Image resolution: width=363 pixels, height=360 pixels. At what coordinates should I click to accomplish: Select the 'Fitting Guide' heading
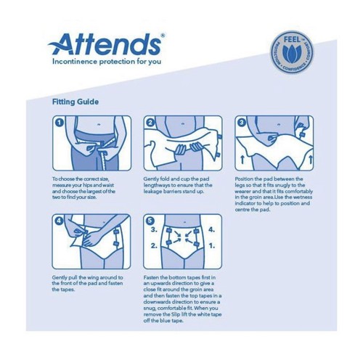click(x=79, y=102)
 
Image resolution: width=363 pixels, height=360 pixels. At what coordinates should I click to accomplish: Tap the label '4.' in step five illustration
click(x=212, y=233)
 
